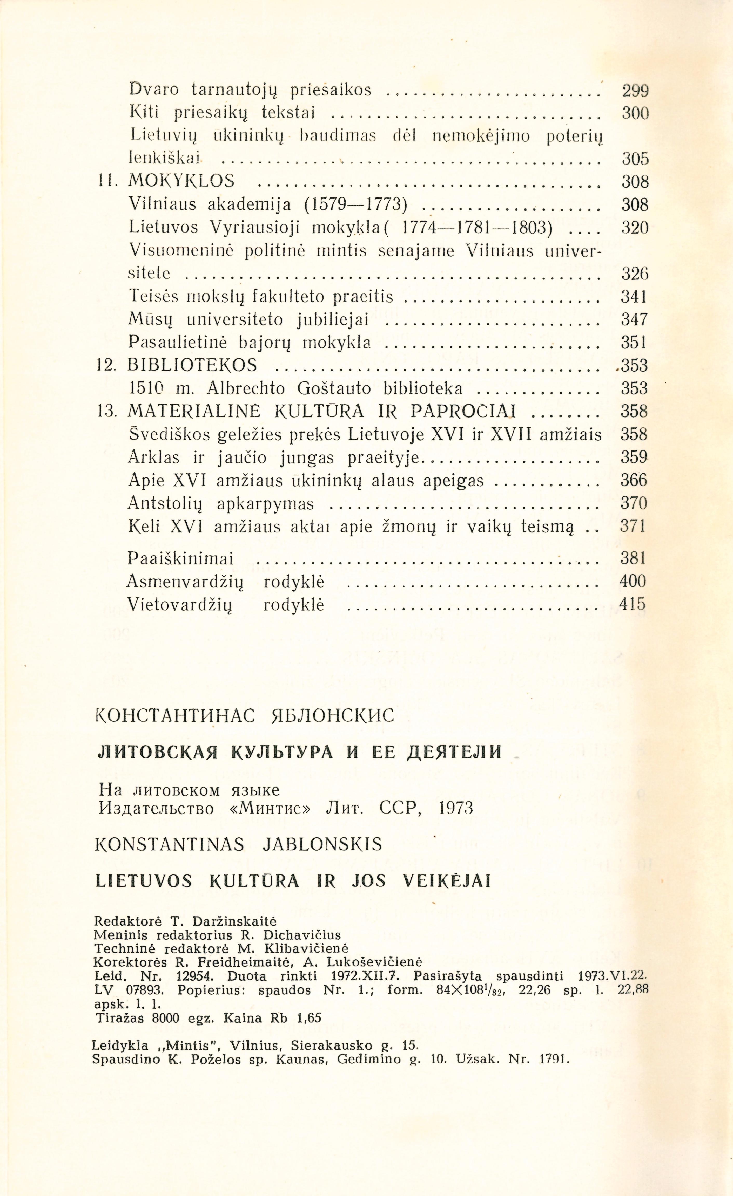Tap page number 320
coord(635,228)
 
